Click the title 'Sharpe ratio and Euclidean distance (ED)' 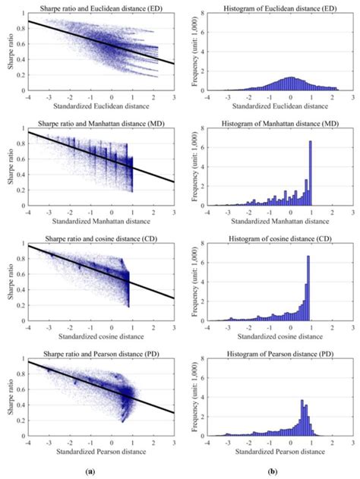(x=99, y=7)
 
